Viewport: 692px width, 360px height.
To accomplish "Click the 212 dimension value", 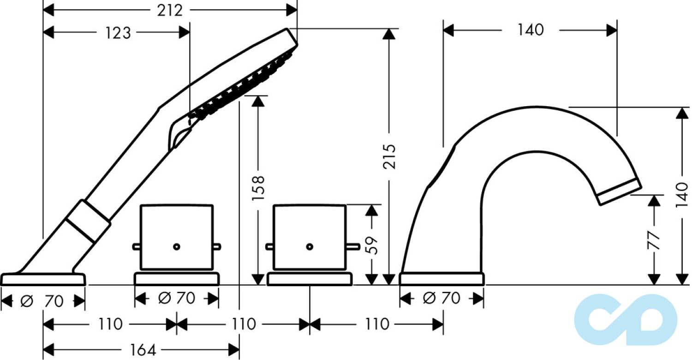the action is (170, 11).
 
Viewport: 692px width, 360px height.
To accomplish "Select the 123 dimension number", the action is (118, 33).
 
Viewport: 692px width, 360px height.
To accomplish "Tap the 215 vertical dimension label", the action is (389, 156).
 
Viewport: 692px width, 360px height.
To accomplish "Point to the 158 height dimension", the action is (258, 188).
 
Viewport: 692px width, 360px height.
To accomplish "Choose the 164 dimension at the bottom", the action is (143, 350).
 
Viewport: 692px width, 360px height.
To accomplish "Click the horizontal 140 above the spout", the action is (531, 30).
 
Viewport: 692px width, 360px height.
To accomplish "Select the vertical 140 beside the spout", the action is (682, 195).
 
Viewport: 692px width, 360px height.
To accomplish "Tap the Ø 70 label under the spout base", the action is (441, 298).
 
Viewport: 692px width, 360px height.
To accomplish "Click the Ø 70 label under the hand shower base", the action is (42, 301).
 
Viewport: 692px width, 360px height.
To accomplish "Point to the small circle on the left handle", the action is (176, 246).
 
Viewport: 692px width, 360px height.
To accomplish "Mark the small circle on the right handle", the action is (310, 246).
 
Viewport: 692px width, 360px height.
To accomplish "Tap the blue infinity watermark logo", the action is (626, 319).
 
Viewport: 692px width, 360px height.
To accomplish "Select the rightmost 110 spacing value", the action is (376, 324).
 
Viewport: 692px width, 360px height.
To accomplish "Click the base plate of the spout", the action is (442, 279).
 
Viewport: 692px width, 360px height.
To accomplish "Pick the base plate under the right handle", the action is (310, 279).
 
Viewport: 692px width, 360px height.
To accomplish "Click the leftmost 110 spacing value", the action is (110, 324).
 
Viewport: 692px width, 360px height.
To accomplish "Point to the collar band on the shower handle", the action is (88, 221).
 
